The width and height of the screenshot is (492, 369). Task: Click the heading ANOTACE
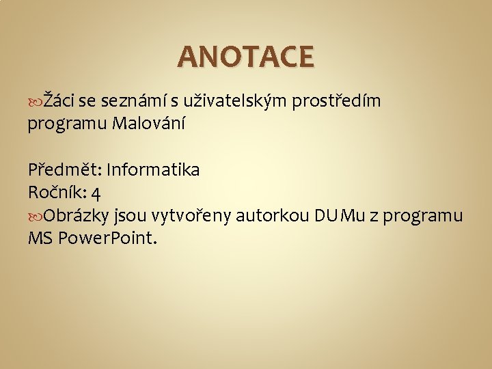(x=246, y=57)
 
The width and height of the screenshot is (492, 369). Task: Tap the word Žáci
(x=59, y=102)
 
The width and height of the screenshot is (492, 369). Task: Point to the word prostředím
(x=336, y=102)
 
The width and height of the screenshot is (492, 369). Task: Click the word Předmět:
(x=65, y=169)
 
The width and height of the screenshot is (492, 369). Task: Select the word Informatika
(x=153, y=169)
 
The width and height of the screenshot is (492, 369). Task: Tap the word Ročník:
(x=57, y=193)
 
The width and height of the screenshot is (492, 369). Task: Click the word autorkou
(x=273, y=216)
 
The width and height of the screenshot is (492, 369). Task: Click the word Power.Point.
(x=107, y=239)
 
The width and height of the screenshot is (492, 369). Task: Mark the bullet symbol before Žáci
(x=35, y=102)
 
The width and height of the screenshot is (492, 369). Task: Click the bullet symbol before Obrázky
(x=35, y=217)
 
